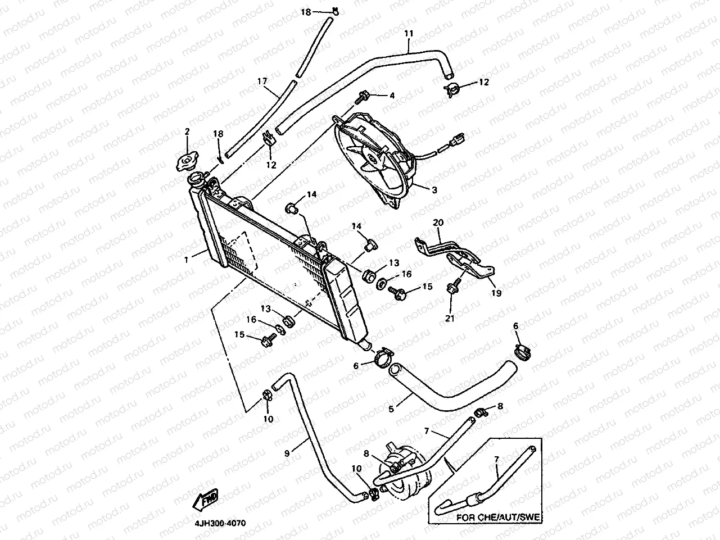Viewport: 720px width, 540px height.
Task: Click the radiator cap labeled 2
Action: (x=187, y=161)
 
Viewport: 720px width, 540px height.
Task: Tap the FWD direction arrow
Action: (x=205, y=500)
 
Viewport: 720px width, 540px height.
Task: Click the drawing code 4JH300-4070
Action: (x=220, y=523)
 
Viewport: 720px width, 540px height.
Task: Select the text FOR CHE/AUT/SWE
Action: (x=498, y=518)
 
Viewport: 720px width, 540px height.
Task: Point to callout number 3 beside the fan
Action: (x=434, y=190)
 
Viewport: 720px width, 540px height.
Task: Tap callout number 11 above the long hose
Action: (x=409, y=34)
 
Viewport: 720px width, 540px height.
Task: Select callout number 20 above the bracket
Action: (x=438, y=223)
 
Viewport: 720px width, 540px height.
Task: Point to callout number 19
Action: (x=496, y=293)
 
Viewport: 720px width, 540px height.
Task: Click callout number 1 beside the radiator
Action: (x=186, y=260)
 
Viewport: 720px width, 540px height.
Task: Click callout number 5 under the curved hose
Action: (x=391, y=409)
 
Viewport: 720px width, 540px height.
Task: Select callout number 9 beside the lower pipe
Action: (x=287, y=453)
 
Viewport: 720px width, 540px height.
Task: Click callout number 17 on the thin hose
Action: (x=262, y=81)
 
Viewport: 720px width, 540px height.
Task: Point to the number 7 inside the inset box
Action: (x=497, y=460)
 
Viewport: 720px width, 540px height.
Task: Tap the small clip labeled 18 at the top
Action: (x=335, y=11)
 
